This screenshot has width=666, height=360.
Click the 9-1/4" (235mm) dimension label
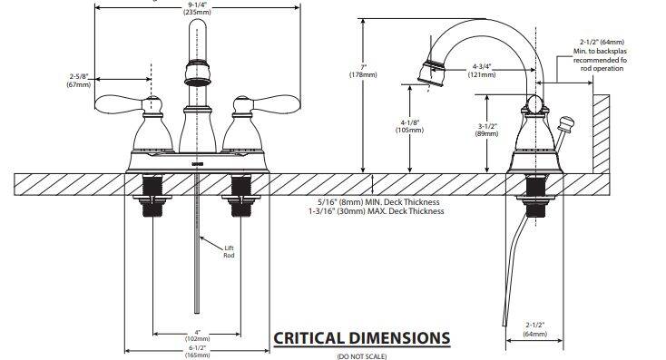click(x=197, y=9)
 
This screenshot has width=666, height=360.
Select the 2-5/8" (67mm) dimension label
click(x=79, y=80)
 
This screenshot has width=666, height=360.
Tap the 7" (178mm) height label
click(x=363, y=71)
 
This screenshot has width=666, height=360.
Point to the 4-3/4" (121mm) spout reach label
click(x=482, y=71)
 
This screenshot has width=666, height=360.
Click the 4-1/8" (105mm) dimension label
click(x=409, y=126)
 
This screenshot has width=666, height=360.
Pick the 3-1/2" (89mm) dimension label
click(x=486, y=130)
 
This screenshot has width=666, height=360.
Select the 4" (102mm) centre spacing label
click(x=197, y=336)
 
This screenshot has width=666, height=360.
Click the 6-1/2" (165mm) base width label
click(x=197, y=351)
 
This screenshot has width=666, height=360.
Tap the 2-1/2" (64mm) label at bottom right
click(x=534, y=329)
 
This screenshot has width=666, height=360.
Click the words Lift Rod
click(x=229, y=251)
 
